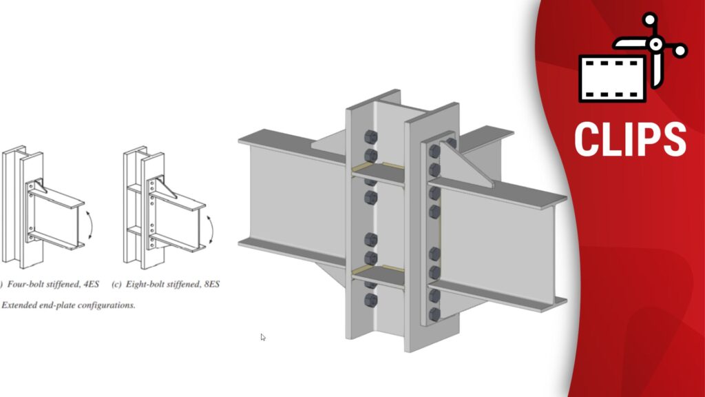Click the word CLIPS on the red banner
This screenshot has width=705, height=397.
[630, 139]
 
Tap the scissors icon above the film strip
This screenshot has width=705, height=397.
[652, 48]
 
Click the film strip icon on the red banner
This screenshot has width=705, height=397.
[613, 79]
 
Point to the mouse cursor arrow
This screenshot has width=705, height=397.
[262, 336]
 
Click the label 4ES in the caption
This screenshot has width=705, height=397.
[91, 284]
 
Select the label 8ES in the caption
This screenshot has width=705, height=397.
[212, 284]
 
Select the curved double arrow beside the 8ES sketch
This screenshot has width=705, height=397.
[211, 230]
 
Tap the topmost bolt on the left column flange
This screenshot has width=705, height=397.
[370, 137]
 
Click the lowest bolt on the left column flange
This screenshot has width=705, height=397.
[370, 300]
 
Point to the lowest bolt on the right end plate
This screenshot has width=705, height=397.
[434, 314]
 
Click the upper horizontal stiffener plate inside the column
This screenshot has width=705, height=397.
[378, 173]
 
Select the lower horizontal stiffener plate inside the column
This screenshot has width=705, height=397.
[378, 276]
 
